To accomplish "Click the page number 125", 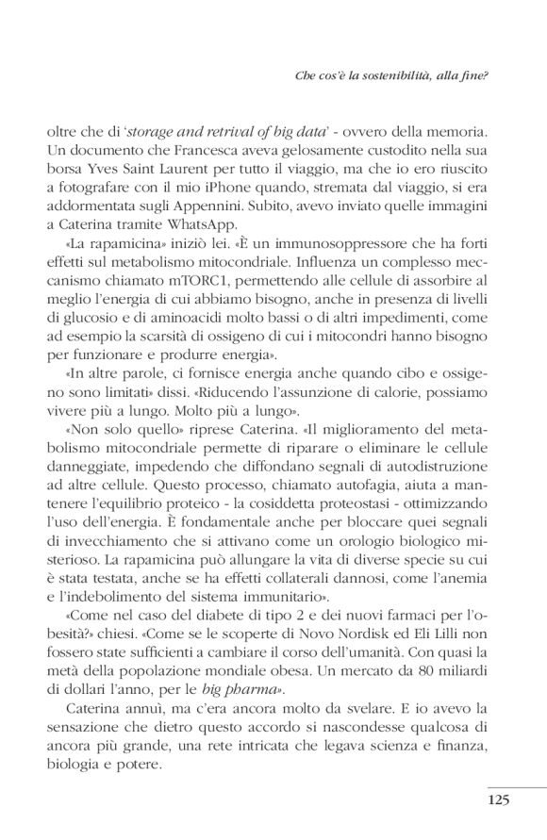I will click(x=498, y=800).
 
